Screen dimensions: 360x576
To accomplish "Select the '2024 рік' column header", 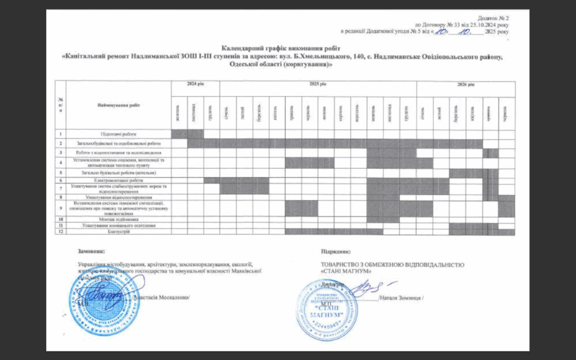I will pos(195,84).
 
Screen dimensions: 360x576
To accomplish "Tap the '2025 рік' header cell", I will pos(318,84).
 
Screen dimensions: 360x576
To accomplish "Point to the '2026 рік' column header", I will pos(466,84).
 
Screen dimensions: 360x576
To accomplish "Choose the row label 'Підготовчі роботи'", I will pos(118,134).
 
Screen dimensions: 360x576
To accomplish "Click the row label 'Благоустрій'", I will pos(118,232).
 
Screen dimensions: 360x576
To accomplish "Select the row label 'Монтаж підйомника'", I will pos(118,219).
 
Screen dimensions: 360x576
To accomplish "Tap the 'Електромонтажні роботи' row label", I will pos(118,180).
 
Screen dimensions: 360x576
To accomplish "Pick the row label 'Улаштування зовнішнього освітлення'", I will pos(118,226).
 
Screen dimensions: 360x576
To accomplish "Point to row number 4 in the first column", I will pos(60,163).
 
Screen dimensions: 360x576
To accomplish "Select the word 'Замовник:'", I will pos(92,251).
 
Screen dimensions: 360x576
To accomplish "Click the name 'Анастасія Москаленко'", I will pos(163,296).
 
